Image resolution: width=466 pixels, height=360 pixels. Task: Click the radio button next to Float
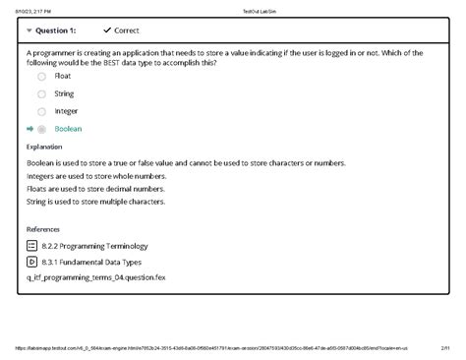[x=41, y=76]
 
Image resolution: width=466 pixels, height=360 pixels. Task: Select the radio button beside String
[x=41, y=93]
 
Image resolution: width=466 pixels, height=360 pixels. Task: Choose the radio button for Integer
[x=41, y=111]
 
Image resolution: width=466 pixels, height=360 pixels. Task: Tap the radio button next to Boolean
[x=41, y=129]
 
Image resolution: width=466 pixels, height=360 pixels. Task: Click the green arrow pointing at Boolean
[x=29, y=129]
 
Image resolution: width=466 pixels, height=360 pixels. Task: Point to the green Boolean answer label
[x=69, y=129]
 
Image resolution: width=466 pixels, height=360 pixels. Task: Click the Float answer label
[x=63, y=76]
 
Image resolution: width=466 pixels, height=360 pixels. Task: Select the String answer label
[x=64, y=93]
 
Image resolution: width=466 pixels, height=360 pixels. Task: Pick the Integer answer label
[x=66, y=111]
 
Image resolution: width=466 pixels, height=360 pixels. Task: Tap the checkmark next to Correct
[x=107, y=30]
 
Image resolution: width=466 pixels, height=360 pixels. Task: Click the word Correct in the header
[x=127, y=30]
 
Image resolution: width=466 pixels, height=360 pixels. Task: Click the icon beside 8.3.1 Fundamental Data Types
[x=31, y=263]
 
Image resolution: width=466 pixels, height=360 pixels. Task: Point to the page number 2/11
[x=445, y=348]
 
